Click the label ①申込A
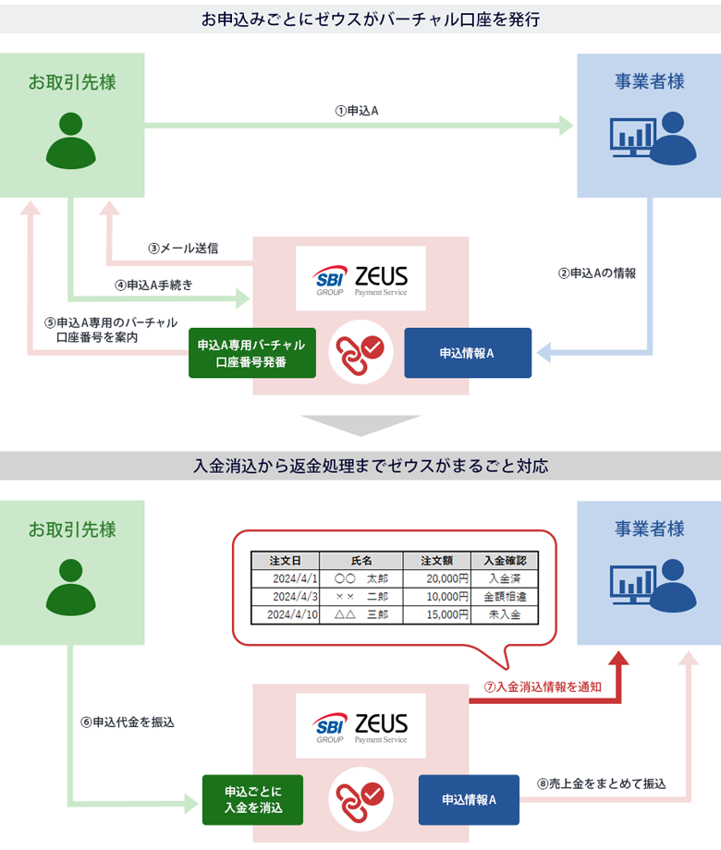click(357, 110)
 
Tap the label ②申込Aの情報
click(597, 273)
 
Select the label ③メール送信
click(183, 249)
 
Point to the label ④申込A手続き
click(154, 285)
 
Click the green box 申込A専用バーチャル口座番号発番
click(251, 353)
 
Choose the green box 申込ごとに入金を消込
click(253, 799)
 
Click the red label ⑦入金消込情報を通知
click(544, 687)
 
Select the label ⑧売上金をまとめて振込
click(601, 783)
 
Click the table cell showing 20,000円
click(435, 578)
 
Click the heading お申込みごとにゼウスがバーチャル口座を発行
click(360, 18)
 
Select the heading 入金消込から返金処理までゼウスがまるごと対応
click(360, 467)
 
